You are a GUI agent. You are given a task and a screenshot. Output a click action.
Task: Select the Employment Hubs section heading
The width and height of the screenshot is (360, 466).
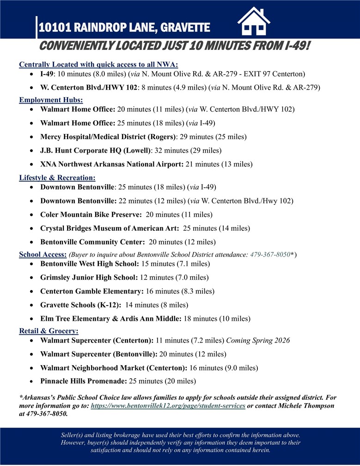coord(51,100)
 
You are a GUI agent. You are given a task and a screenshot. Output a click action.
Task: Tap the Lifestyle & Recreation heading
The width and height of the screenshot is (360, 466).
coord(57,177)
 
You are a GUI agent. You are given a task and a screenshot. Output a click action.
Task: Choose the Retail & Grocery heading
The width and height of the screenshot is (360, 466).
coord(49,331)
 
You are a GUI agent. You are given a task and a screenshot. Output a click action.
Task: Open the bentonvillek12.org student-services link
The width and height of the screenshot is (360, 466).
coord(168,405)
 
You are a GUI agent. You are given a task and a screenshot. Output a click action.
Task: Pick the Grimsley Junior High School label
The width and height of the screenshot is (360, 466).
coord(89,277)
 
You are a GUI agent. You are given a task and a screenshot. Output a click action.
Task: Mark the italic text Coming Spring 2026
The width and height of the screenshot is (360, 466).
coord(258,341)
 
